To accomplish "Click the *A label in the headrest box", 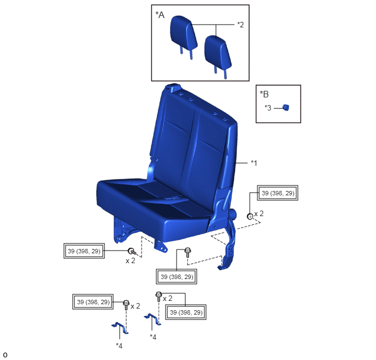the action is pos(160,15).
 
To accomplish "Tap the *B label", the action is pos(265,94).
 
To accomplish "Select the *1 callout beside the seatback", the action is pos(254,163).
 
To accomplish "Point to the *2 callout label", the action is pos(240,25).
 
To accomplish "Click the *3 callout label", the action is pos(268,108).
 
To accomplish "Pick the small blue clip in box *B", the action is pos(286,108).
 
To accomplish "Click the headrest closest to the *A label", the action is pos(184,36).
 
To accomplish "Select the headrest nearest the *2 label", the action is pos(218,55).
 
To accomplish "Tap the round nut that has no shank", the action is pos(250,217).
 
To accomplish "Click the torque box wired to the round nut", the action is pos(278,193).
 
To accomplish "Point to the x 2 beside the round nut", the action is pos(258,213).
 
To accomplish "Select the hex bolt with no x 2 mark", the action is pos(187,253).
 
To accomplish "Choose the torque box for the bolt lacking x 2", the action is pos(177,277).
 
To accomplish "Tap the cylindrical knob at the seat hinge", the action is pos(233,213).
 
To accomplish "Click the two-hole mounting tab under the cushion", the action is pos(161,246).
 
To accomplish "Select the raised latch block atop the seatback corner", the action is pos(173,88).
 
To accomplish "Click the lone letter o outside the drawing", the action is pos(5,355).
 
